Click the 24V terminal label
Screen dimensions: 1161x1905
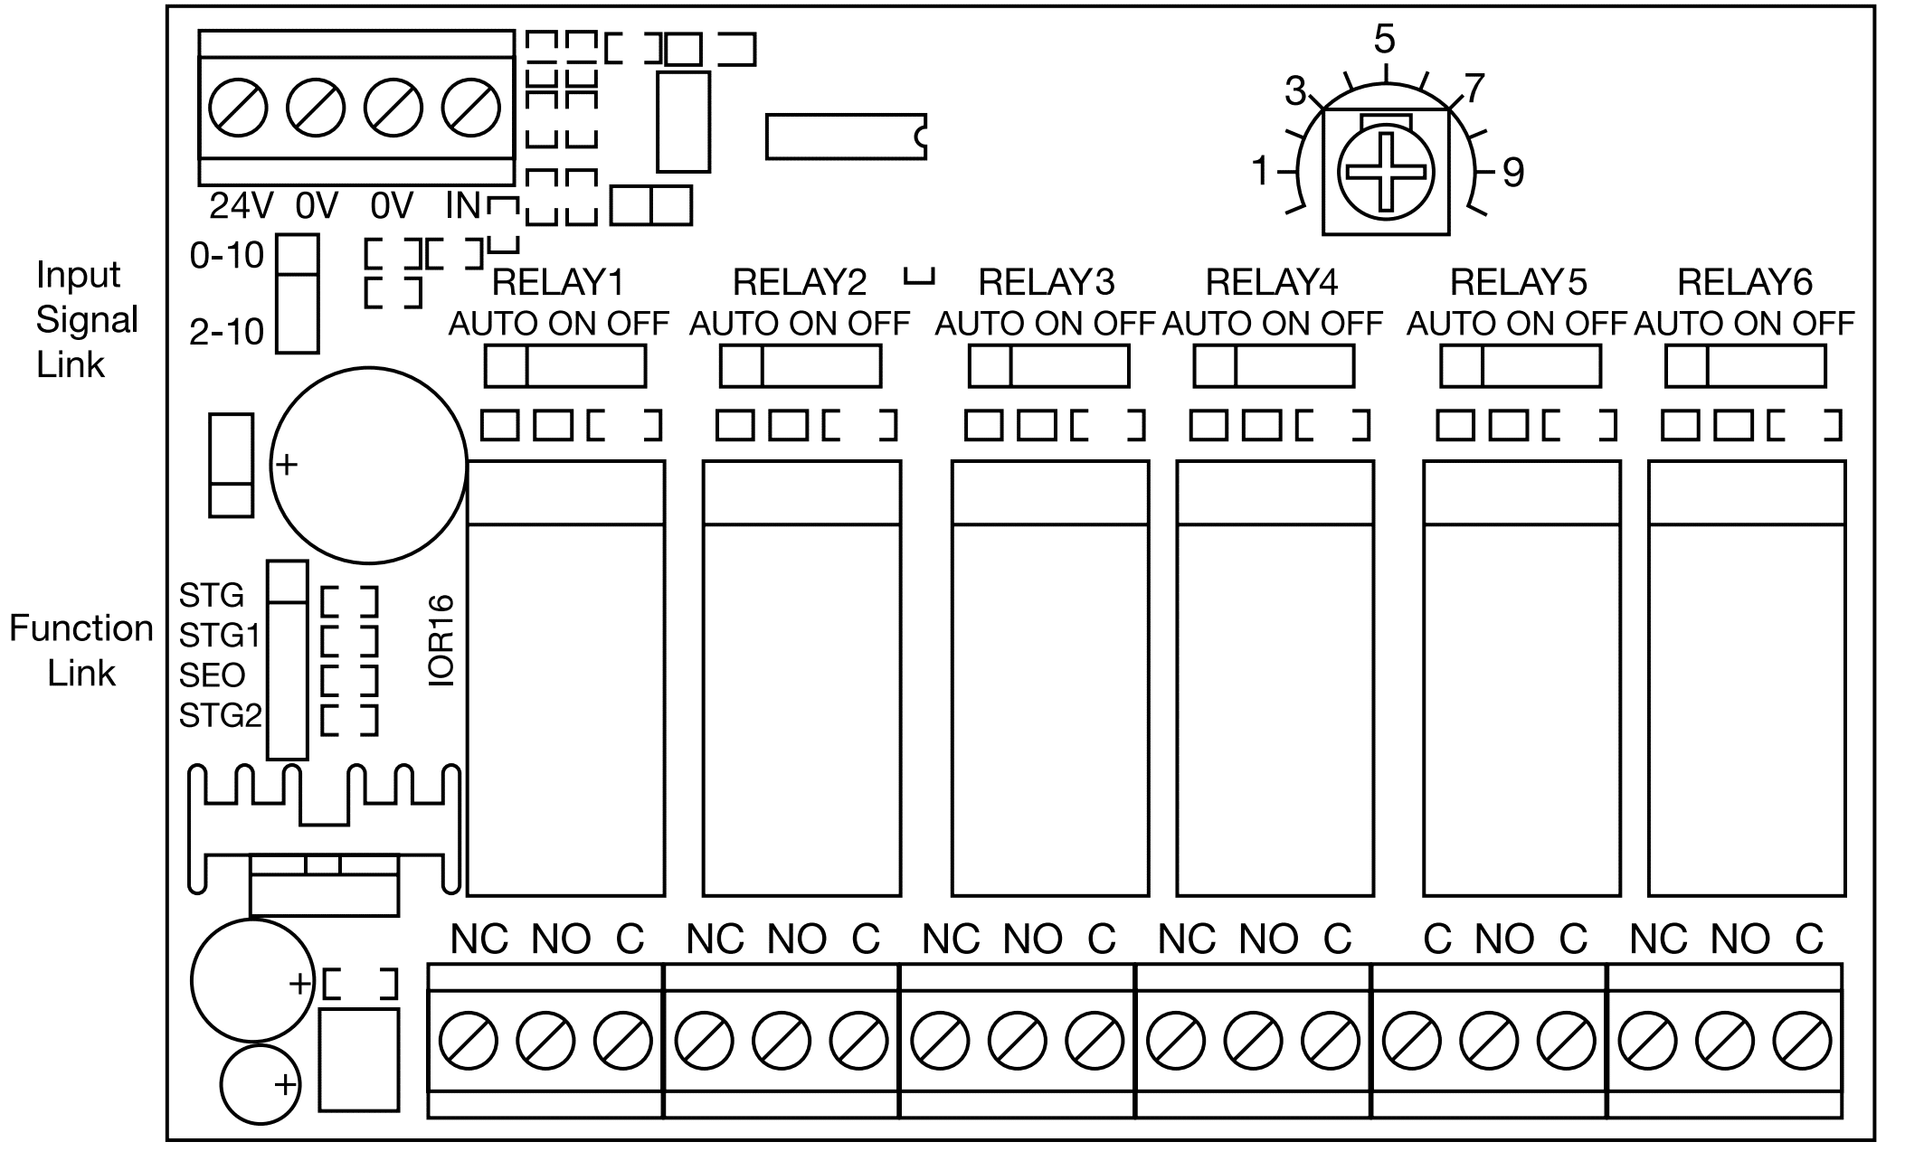point(241,207)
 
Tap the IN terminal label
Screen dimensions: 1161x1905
point(463,207)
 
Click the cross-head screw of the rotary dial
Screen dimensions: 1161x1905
point(1385,171)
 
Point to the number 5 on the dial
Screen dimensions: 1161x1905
point(1384,39)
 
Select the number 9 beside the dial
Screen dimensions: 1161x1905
point(1513,172)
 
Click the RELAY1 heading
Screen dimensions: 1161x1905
point(557,283)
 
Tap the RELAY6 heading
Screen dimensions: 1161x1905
point(1745,283)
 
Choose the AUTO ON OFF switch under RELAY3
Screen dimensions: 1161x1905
point(1048,366)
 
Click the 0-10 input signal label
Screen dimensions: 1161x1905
point(226,256)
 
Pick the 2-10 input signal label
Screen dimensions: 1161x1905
point(226,333)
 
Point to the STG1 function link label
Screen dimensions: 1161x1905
point(219,637)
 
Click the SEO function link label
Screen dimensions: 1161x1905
point(212,675)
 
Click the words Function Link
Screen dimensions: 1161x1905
point(81,650)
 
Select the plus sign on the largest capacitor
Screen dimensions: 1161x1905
point(286,465)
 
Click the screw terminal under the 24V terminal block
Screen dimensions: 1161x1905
point(238,109)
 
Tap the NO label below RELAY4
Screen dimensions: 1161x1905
point(1268,940)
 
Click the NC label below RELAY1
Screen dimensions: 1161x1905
point(479,940)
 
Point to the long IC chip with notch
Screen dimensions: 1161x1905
point(846,137)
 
